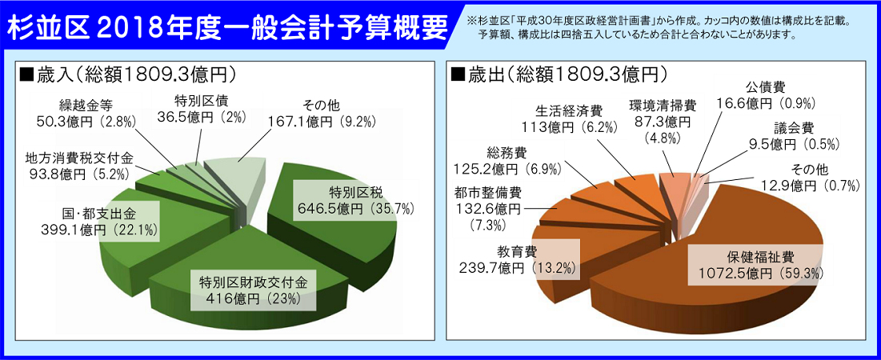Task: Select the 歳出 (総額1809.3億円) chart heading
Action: coord(560,74)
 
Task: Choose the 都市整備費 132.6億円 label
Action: coord(486,210)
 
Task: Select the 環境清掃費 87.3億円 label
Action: coord(663,121)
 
